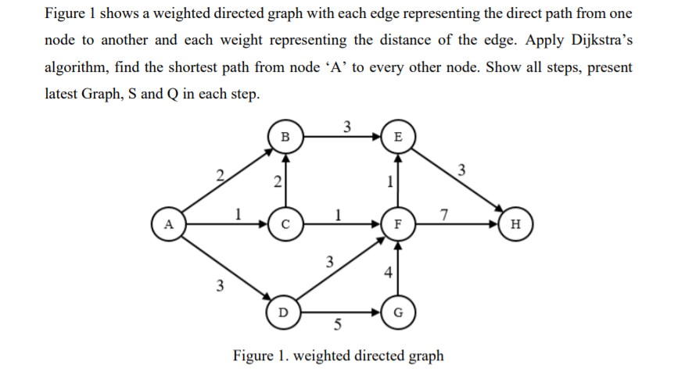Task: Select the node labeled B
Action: coord(285,137)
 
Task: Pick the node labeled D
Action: coord(285,312)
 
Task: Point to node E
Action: coord(399,137)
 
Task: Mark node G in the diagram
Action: coord(399,313)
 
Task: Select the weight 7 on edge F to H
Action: coord(444,214)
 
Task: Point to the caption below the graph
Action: coord(339,356)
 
